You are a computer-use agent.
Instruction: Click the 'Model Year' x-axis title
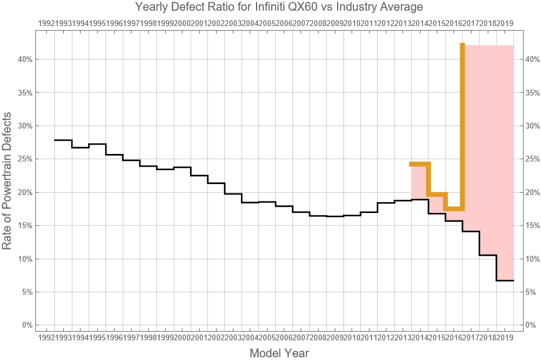279,352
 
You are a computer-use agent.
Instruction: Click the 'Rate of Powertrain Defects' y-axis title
7,181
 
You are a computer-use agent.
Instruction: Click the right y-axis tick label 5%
532,292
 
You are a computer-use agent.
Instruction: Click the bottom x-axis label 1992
46,337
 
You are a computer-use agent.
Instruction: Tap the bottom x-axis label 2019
506,337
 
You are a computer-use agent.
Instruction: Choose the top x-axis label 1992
46,23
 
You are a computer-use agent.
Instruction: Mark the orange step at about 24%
420,164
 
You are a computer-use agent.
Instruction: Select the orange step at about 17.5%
454,208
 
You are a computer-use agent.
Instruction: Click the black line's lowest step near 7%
505,280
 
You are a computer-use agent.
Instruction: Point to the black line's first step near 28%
63,140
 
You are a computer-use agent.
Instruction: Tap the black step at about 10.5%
488,255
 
